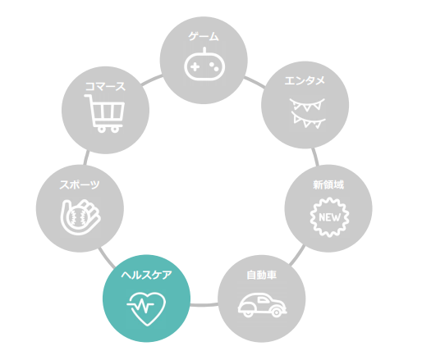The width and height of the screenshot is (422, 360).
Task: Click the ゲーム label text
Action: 204,36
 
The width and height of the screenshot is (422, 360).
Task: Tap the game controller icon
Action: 204,64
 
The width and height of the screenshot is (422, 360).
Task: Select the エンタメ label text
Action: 305,80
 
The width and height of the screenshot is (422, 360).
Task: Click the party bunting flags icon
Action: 307,113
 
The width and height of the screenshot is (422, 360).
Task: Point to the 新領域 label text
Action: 328,185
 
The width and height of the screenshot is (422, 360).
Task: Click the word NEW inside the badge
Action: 329,217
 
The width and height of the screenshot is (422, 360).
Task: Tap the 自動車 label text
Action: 261,275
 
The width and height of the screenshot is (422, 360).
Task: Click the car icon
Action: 262,305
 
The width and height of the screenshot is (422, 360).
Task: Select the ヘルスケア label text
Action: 146,275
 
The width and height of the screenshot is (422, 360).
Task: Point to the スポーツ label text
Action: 80,185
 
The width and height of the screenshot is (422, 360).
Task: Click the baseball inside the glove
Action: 78,217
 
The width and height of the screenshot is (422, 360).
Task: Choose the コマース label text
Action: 105,87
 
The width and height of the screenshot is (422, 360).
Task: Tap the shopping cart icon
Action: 104,113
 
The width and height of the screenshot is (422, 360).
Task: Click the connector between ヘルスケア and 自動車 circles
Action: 204,304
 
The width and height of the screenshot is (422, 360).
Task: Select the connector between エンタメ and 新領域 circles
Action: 315,157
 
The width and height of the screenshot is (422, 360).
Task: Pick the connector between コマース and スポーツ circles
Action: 86,157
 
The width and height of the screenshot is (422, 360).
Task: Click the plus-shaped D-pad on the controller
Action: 195,67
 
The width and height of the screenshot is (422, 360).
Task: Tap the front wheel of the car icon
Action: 277,312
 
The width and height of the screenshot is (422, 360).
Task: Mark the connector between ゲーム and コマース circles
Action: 152,80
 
